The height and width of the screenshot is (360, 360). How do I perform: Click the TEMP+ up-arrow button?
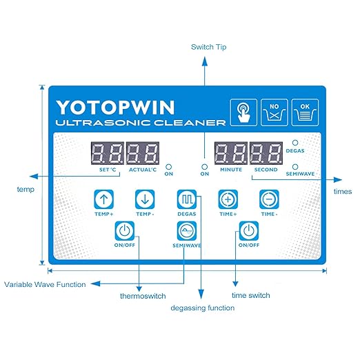pyautogui.click(x=104, y=199)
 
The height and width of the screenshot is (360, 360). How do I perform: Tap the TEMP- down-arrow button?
pyautogui.click(x=145, y=199)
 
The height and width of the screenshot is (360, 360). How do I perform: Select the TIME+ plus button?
pyautogui.click(x=228, y=199)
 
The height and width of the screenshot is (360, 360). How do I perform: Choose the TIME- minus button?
pyautogui.click(x=269, y=199)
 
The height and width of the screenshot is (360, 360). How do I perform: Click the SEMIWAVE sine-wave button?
pyautogui.click(x=187, y=230)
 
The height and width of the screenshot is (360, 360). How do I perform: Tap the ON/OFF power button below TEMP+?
pyautogui.click(x=125, y=230)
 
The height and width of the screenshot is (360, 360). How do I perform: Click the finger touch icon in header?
pyautogui.click(x=243, y=112)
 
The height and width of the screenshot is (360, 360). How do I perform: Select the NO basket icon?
pyautogui.click(x=274, y=112)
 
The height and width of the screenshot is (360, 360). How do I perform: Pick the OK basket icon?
pyautogui.click(x=305, y=112)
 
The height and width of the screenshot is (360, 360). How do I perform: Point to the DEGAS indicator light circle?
pyautogui.click(x=295, y=143)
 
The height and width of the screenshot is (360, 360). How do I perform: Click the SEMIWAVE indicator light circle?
pyautogui.click(x=295, y=166)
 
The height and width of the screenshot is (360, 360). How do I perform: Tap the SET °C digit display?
pyautogui.click(x=108, y=153)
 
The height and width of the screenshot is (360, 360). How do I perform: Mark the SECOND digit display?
pyautogui.click(x=266, y=153)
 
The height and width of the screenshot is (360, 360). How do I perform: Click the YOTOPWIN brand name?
pyautogui.click(x=115, y=108)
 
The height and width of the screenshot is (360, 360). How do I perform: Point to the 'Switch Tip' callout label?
pyautogui.click(x=209, y=47)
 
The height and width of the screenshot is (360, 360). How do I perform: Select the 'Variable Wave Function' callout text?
pyautogui.click(x=45, y=284)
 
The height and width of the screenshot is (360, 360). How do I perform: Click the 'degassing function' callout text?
pyautogui.click(x=203, y=308)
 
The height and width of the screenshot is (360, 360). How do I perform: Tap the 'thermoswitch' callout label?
pyautogui.click(x=143, y=296)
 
